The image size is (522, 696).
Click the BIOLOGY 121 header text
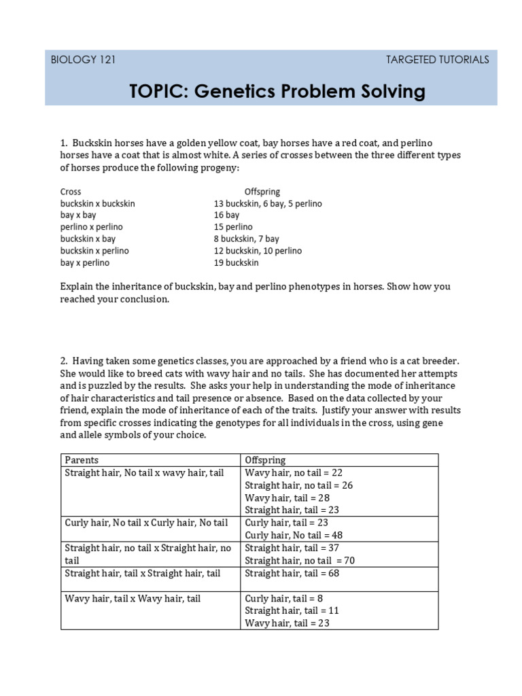coord(83,60)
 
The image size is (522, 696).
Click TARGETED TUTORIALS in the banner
coord(437,60)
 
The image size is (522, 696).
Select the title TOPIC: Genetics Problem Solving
coord(277,90)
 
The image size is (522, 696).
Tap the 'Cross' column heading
coord(71,192)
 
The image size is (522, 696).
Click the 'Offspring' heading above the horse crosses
coord(262,192)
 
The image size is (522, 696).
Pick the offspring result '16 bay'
coord(226,215)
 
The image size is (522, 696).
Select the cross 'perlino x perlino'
coord(92,227)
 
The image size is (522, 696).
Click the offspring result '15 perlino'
coord(232,227)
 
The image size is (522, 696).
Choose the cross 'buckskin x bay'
coord(88,239)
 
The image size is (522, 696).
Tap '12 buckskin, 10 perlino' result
coord(258,251)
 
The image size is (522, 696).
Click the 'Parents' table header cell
coord(80,460)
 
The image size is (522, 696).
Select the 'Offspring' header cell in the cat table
coord(265,460)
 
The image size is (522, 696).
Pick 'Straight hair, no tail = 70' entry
coord(300,561)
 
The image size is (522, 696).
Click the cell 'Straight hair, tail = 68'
coord(293,574)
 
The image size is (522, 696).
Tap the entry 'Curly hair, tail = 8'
coord(284,598)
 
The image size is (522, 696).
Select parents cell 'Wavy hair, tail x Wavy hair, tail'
coord(133,598)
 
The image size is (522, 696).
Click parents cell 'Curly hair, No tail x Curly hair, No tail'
coord(146,523)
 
